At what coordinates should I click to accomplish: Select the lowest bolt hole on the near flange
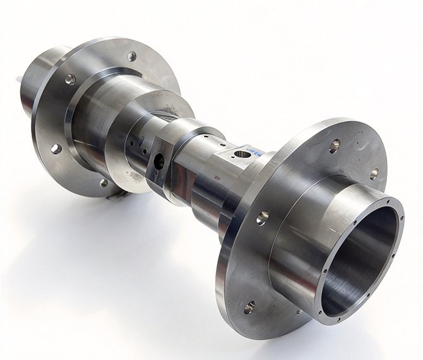click(249, 308)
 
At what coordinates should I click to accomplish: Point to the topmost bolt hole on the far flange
click(131, 56)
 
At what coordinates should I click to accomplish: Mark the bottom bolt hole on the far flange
click(104, 183)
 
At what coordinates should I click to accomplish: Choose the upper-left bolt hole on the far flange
click(69, 80)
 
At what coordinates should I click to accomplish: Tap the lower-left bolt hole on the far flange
click(56, 148)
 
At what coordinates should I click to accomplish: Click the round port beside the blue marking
click(242, 153)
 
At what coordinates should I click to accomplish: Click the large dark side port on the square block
click(158, 162)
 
